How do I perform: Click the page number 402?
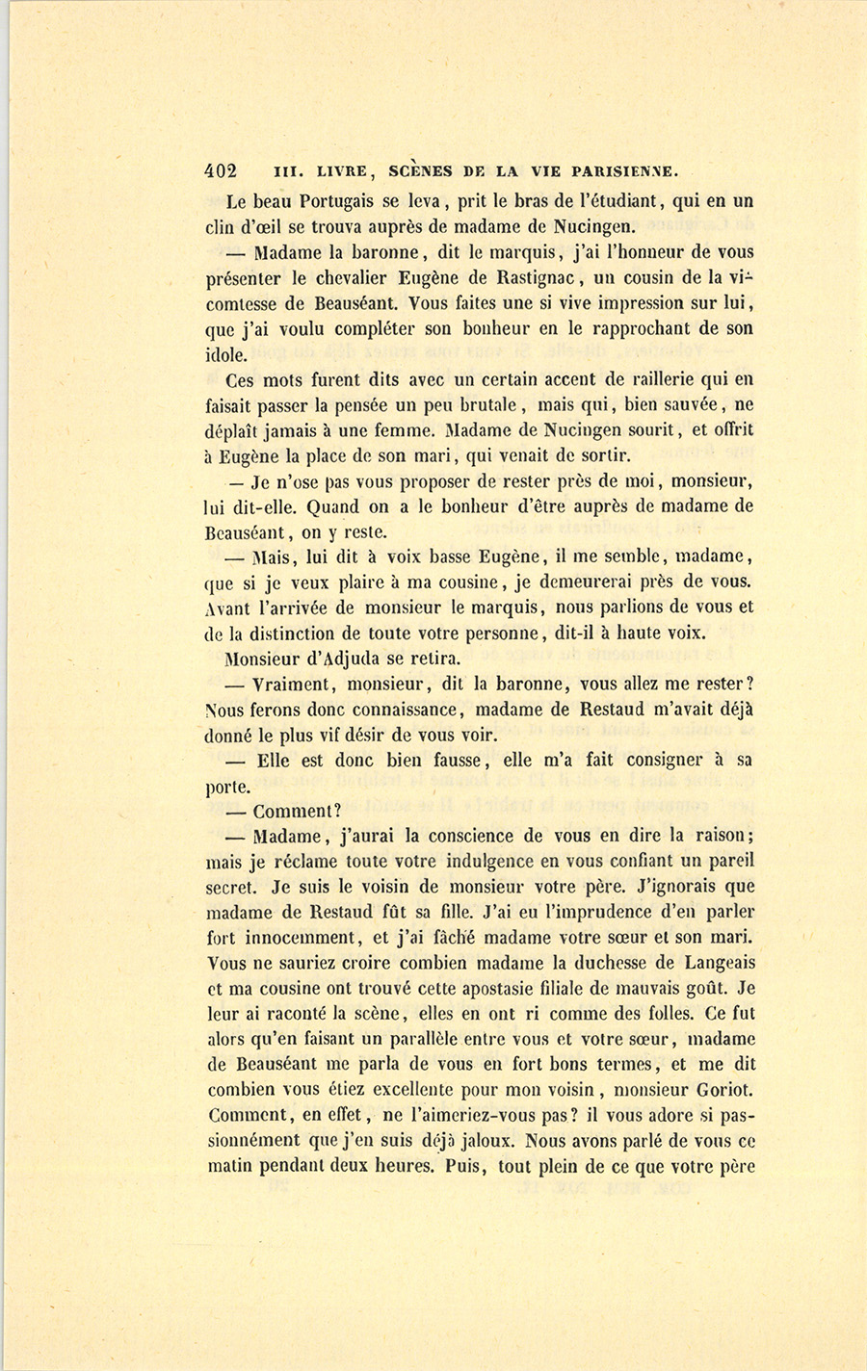coord(221,171)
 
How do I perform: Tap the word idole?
coord(226,355)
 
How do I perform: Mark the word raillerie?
coord(671,379)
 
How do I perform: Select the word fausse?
coord(450,760)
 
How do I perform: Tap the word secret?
coord(228,886)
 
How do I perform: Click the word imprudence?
coord(604,911)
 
